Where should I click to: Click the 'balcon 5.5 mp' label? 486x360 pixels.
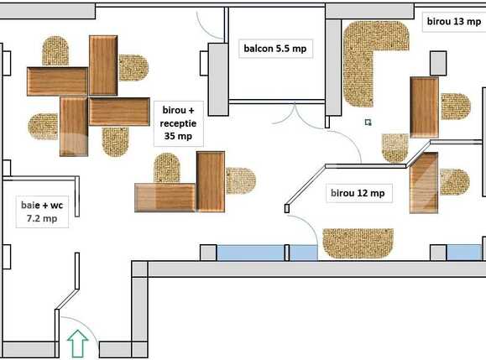pos(274,49)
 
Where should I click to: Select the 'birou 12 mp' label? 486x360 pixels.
pos(357,194)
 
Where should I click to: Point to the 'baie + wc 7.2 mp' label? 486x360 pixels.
pos(39,211)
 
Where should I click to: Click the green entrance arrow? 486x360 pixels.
pos(77,344)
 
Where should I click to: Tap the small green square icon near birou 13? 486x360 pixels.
pos(368,123)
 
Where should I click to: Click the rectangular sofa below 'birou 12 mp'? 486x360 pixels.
pos(358,243)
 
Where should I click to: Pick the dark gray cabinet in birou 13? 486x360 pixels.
pos(437,63)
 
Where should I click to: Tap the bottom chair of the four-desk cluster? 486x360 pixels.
pos(115,141)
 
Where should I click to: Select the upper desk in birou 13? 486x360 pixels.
pos(424,107)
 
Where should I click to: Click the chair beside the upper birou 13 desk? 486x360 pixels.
pos(455,107)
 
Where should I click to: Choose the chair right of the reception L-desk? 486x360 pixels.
pos(240,180)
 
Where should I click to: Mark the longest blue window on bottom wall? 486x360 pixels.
pos(250,253)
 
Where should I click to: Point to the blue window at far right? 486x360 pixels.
pos(464,253)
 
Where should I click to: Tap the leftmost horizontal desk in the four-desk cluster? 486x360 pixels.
pos(57,81)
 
